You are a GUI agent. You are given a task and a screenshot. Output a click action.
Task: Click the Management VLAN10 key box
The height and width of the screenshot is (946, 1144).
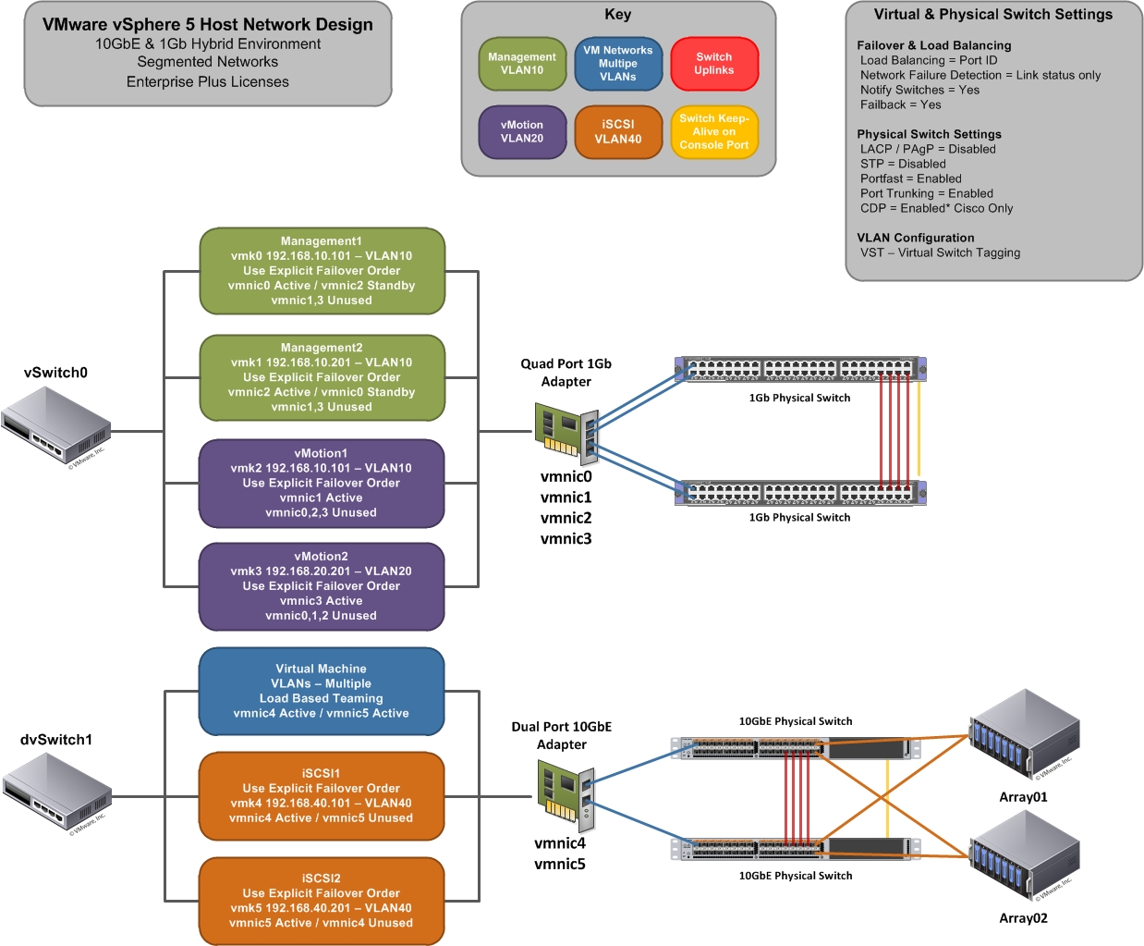[522, 64]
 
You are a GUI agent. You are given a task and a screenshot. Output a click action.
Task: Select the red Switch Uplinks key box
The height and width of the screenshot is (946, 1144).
[714, 64]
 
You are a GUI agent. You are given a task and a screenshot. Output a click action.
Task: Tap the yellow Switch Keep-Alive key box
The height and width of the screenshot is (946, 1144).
[714, 132]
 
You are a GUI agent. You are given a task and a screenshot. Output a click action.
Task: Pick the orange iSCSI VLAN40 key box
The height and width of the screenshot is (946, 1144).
[618, 132]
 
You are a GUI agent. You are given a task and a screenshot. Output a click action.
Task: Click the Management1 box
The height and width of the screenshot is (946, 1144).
[322, 271]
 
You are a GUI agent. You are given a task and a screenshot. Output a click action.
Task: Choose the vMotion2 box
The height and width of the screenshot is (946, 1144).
[322, 586]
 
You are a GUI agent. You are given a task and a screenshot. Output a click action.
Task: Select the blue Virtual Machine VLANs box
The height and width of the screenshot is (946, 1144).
[322, 691]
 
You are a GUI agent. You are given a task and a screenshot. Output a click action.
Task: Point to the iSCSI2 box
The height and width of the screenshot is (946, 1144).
[322, 901]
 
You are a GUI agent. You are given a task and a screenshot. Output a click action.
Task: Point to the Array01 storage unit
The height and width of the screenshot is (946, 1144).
[1024, 736]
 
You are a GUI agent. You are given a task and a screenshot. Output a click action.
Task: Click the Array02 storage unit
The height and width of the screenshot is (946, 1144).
[1024, 856]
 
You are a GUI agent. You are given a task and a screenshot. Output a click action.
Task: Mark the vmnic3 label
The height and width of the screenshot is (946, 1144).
[566, 539]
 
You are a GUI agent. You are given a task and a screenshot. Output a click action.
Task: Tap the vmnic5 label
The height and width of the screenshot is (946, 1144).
[560, 865]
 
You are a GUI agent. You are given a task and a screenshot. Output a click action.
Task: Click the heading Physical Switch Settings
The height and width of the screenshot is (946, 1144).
[929, 134]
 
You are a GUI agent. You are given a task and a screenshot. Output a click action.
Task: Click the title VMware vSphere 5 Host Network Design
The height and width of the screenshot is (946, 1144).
[208, 25]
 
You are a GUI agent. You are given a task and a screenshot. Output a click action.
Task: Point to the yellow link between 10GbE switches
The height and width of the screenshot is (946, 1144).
[887, 791]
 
